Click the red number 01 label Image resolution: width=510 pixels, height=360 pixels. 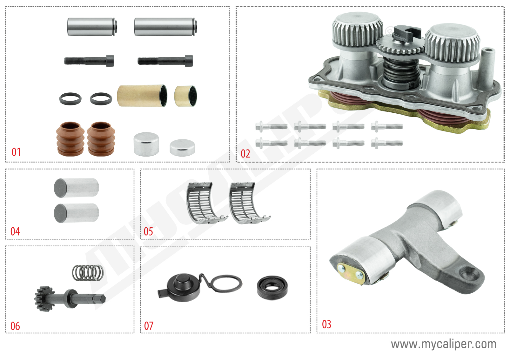point(16,152)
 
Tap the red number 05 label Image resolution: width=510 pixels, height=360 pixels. point(148,231)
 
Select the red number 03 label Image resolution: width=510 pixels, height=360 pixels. point(326,324)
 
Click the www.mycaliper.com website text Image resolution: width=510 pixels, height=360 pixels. point(443,344)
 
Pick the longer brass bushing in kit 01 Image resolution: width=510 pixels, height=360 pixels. point(142,96)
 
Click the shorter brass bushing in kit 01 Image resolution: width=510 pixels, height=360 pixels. point(185,96)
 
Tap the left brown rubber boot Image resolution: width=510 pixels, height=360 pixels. point(70,139)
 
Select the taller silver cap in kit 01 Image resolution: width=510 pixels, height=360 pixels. point(146,144)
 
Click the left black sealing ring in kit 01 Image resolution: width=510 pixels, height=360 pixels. point(70,98)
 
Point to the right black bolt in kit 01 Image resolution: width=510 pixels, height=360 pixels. point(165,61)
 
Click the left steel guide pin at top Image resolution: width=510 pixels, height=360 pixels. point(92,27)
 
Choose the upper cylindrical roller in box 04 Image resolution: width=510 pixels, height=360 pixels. point(77,188)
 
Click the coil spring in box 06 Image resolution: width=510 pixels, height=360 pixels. point(88,273)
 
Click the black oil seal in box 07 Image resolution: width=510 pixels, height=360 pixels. point(272,288)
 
